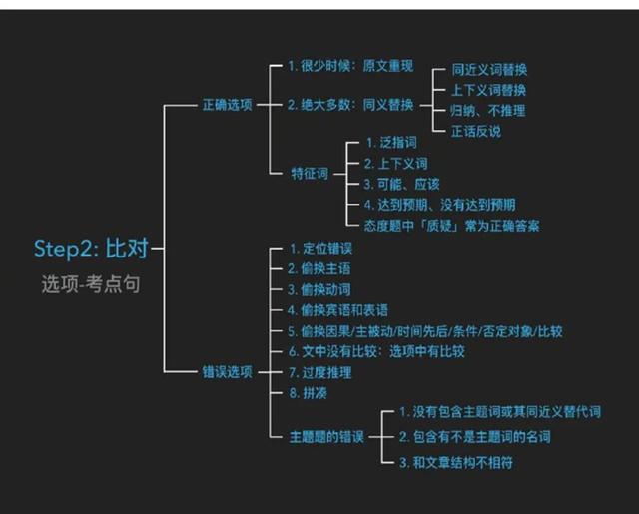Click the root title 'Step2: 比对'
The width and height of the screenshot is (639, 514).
[91, 248]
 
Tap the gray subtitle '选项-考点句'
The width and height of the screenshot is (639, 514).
[91, 284]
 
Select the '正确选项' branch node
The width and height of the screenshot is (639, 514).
[228, 105]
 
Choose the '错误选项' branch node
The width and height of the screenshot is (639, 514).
[228, 372]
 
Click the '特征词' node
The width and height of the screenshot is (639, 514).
[310, 173]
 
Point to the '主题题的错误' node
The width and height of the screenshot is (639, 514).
[326, 437]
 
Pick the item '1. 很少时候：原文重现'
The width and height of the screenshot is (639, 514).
[350, 66]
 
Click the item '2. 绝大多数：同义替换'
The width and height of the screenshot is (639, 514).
[350, 105]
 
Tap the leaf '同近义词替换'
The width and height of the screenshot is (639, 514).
[489, 69]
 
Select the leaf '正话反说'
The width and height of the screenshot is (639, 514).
[476, 131]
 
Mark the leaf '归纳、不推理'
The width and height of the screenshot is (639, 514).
[488, 111]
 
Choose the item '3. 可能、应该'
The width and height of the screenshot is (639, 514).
[401, 184]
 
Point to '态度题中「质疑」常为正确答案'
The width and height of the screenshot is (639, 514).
[451, 226]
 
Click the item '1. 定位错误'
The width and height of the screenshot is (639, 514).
[321, 249]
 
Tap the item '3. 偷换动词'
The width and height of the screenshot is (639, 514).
[319, 289]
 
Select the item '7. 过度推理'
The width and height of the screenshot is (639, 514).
[319, 372]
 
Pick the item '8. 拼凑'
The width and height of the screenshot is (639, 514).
[309, 393]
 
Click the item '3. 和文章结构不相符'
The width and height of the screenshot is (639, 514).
[456, 462]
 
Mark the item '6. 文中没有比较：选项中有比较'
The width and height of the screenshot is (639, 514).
[376, 351]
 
